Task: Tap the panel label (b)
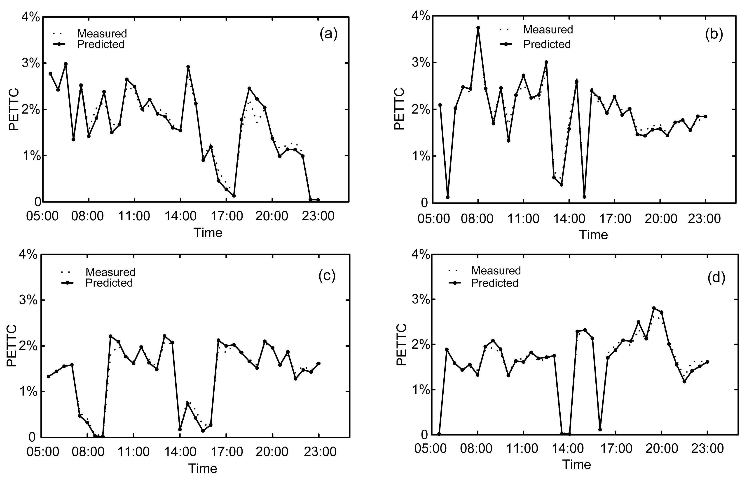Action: (x=714, y=34)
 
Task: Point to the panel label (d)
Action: (x=716, y=277)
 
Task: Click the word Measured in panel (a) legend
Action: (x=102, y=33)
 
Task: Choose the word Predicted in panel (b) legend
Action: (x=547, y=44)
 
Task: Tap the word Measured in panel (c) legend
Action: (x=110, y=272)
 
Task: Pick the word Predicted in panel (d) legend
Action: (x=495, y=283)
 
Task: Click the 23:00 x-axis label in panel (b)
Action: (x=704, y=219)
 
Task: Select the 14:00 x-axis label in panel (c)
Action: (x=180, y=452)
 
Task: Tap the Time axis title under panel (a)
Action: (x=208, y=233)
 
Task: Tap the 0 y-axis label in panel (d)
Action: (x=424, y=435)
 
